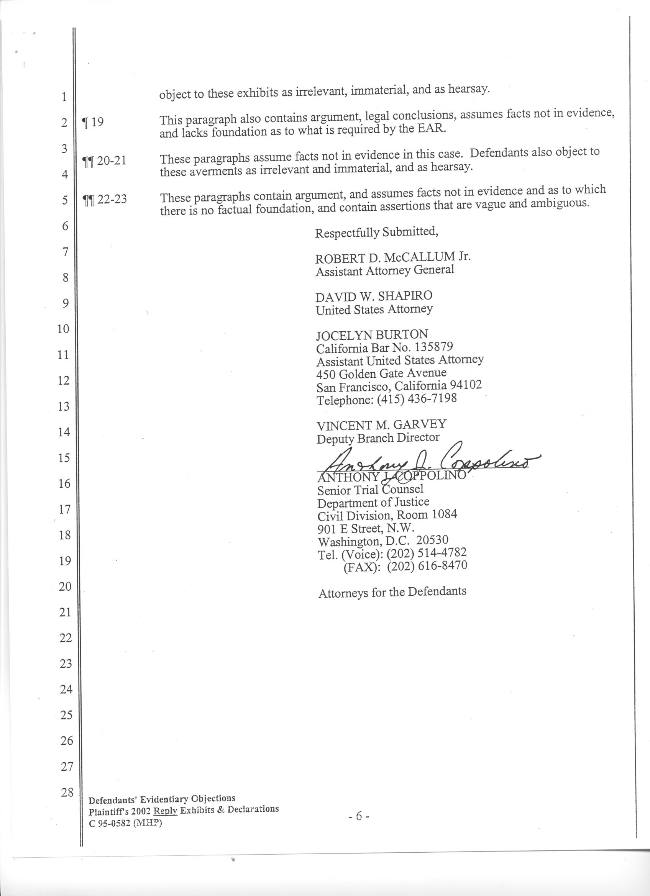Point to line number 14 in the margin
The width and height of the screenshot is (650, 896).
[64, 432]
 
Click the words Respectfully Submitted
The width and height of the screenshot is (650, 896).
[376, 233]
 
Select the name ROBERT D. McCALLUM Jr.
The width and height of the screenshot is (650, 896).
[393, 257]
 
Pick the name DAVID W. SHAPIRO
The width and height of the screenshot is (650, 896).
[374, 296]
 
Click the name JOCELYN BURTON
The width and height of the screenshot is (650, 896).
[372, 335]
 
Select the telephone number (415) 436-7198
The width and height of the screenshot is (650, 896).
[417, 399]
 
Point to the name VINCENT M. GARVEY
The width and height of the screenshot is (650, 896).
[381, 425]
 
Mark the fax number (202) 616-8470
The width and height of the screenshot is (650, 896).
[427, 566]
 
